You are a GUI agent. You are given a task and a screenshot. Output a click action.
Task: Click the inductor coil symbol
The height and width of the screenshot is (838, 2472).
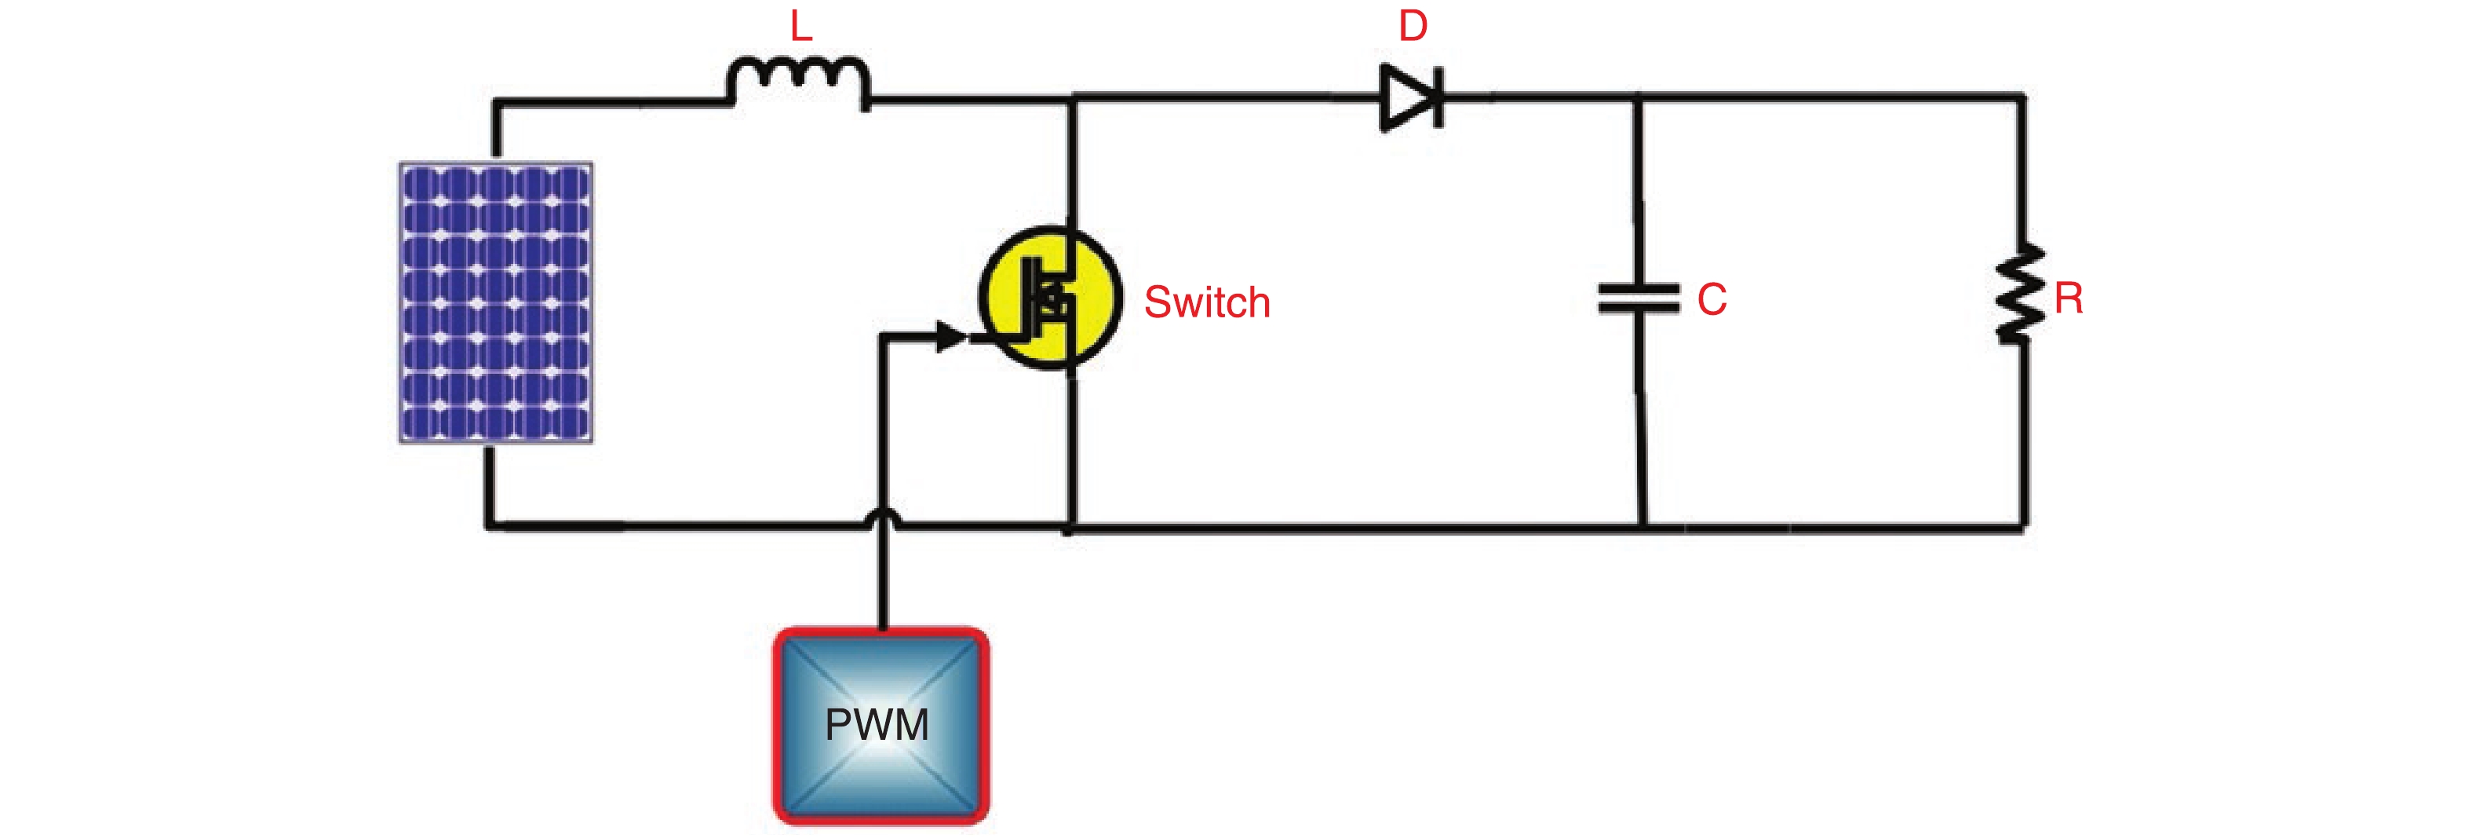(798, 82)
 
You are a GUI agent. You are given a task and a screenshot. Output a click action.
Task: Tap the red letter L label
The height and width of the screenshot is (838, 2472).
(801, 26)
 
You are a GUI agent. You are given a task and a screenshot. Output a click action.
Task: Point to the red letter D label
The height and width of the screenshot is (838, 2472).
(1413, 26)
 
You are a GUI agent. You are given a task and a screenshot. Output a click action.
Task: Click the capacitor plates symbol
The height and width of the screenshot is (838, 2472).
(1639, 298)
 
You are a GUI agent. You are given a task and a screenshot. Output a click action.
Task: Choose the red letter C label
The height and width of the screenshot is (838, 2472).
(1712, 299)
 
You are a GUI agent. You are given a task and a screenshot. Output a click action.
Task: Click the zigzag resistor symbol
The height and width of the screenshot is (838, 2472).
(2021, 294)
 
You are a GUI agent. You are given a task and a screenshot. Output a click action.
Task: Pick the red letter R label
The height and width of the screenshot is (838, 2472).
(2069, 298)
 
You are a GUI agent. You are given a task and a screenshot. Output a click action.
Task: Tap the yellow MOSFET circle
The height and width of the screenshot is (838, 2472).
(1050, 298)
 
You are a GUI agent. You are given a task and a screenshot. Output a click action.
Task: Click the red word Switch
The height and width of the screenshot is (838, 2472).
(1207, 302)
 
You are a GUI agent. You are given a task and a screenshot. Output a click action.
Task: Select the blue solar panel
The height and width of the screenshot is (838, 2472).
(496, 302)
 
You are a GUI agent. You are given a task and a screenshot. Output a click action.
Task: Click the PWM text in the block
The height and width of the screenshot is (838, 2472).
(877, 725)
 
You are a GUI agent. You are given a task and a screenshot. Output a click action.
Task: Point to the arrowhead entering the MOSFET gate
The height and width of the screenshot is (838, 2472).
(950, 336)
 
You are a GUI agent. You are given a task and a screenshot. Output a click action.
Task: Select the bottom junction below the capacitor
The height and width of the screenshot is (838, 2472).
(1643, 527)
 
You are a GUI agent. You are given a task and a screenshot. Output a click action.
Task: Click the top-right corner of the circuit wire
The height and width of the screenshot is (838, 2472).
(2024, 97)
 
